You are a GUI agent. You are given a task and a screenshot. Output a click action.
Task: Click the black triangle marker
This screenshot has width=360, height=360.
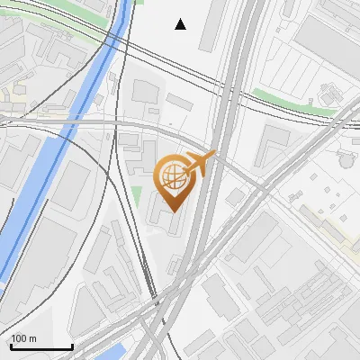point(181,24)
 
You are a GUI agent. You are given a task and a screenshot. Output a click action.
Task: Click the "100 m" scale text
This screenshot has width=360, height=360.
point(24,338)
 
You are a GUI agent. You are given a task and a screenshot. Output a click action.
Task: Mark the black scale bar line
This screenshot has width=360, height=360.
point(41,346)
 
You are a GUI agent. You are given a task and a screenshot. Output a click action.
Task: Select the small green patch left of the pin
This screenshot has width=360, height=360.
point(137,194)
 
